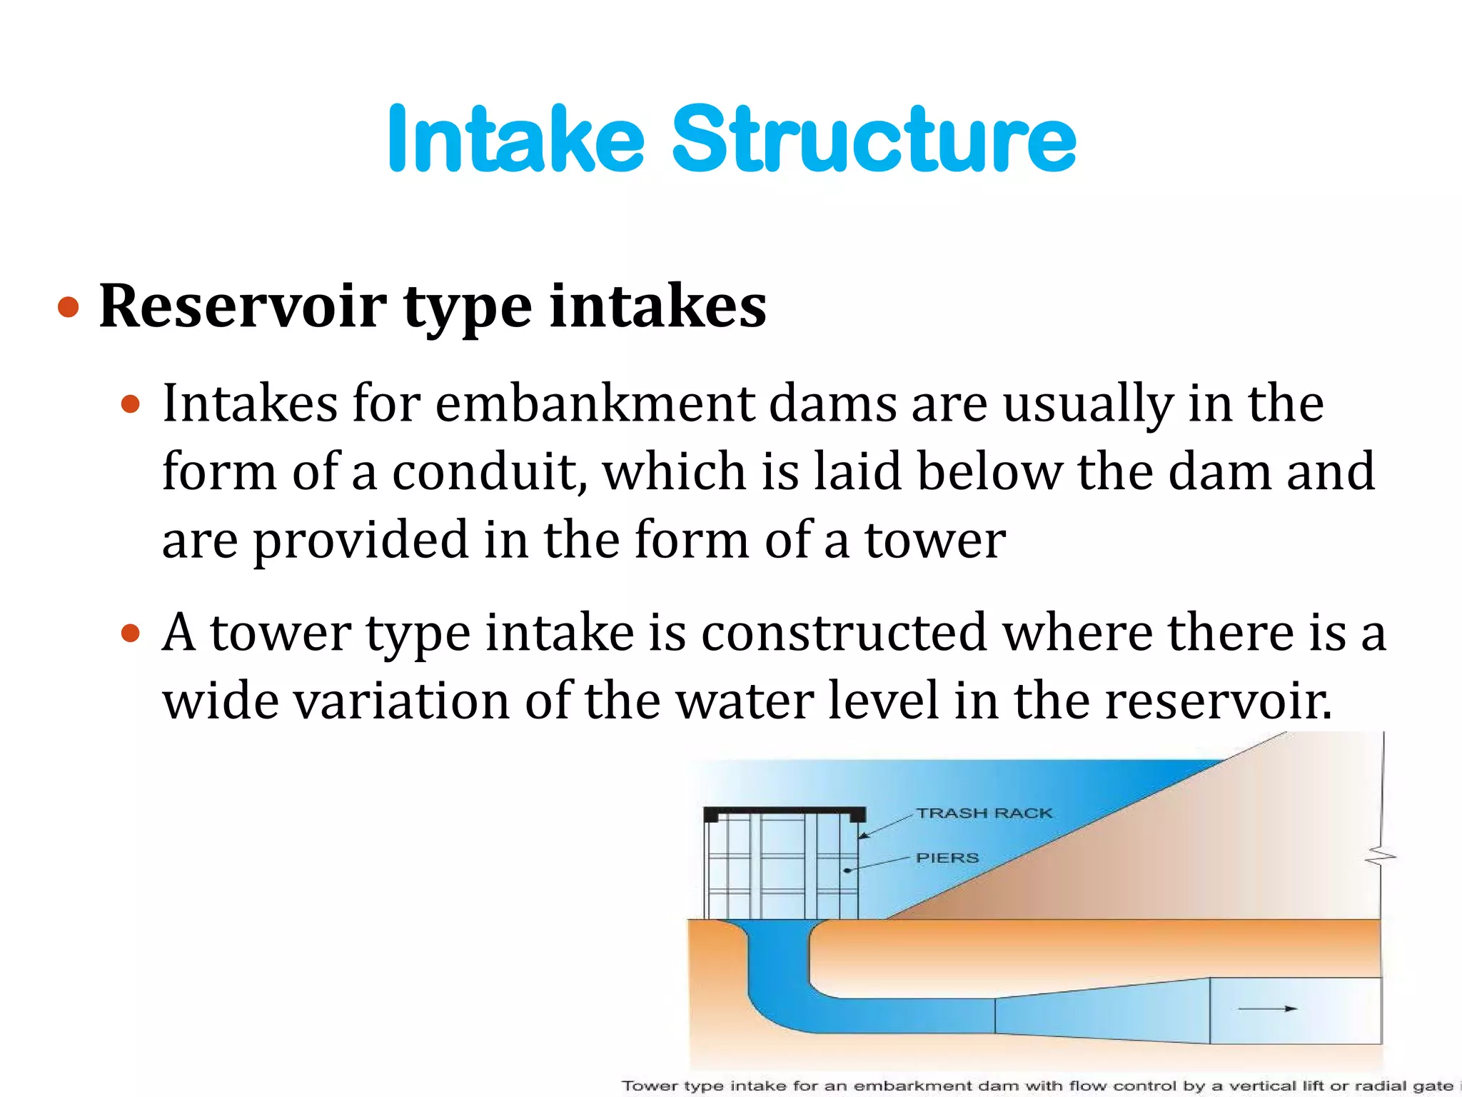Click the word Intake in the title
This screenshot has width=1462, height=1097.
coord(515,139)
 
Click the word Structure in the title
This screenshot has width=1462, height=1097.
coord(874,139)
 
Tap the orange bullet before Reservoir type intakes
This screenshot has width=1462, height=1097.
coord(69,308)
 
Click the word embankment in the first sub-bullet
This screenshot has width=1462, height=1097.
coord(594,404)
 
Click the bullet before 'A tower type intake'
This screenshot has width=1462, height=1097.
coord(131,633)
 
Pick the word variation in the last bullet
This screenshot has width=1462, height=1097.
coord(400,701)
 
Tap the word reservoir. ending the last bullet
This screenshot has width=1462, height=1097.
coord(1218,701)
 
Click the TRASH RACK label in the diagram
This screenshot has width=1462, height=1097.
coord(984,813)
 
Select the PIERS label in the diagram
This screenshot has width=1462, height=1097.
coord(947,858)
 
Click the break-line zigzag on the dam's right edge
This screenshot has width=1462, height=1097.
coord(1381,855)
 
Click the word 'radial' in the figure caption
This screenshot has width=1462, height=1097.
coord(1378,1086)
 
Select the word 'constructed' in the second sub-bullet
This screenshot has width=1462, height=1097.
coord(844,633)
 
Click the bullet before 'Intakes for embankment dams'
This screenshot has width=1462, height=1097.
coord(131,405)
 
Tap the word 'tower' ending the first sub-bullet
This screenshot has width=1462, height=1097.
coord(935,541)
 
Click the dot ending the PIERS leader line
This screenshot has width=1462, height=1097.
coord(847,871)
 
